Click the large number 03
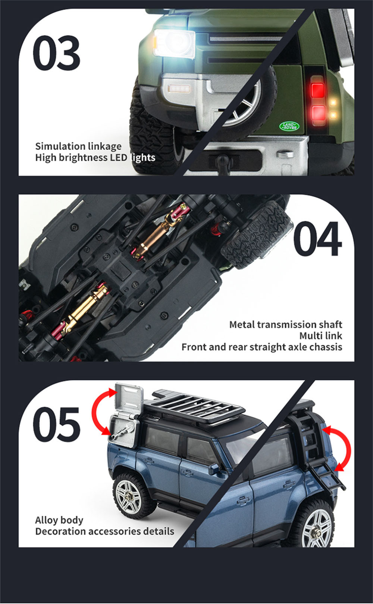coord(56,53)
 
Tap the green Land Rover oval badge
coord(289,126)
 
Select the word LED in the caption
coord(119,158)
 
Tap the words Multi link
coord(321,336)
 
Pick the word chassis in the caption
coord(326,347)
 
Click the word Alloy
coord(47,520)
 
